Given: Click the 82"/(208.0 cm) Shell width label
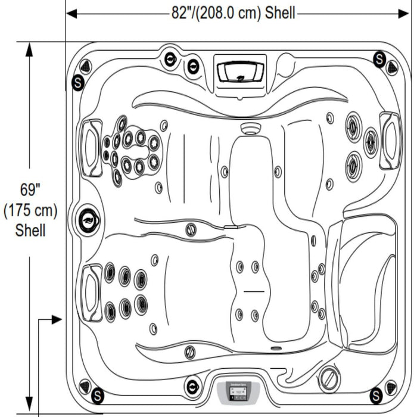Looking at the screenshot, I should tap(233, 13).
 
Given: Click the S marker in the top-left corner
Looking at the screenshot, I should tap(77, 82).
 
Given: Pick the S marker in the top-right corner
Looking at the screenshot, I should tap(379, 58).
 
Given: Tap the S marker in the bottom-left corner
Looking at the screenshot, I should tap(97, 394).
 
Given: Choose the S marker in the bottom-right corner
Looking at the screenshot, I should tap(376, 394).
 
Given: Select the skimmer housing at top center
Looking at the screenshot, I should tap(241, 72).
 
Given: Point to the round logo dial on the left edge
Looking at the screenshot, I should tap(88, 220).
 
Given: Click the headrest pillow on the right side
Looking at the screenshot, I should tap(390, 140).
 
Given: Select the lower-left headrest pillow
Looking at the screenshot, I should tap(91, 292).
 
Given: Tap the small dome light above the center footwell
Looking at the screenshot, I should tap(248, 127).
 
